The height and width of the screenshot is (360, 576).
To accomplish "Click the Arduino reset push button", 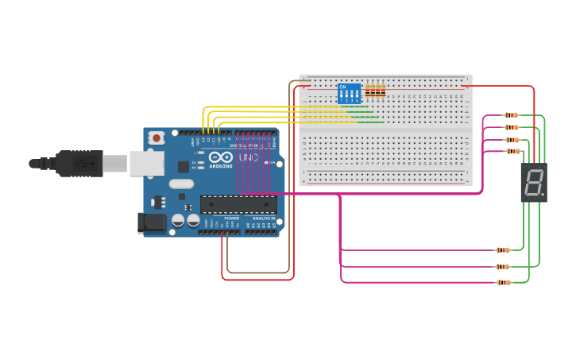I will pos(157,137).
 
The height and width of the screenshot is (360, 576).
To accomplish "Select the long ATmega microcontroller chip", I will pos(238,204).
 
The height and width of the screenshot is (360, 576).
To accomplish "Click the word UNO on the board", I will pos(248,157).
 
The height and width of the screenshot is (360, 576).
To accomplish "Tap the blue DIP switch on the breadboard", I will pos(349,93).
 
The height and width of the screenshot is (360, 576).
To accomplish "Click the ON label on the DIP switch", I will pos(342,87).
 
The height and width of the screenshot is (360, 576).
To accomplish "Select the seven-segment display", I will pos(534,182).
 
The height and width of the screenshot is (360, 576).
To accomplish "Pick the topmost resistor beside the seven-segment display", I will pos(511,115).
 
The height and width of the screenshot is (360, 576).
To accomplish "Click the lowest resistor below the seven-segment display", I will pos(504,282).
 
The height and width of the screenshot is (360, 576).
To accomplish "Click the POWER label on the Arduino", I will pos(231,218).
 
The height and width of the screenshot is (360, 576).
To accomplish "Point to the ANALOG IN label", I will pos(264,218).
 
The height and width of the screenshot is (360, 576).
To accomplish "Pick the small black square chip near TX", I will pos(184,166).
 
